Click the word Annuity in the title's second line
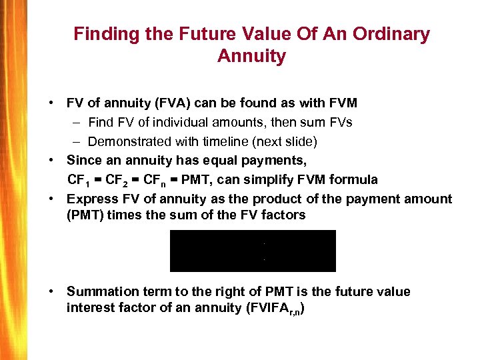(x=251, y=56)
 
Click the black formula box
(x=253, y=251)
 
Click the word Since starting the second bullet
(x=84, y=161)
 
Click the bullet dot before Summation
(x=51, y=292)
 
